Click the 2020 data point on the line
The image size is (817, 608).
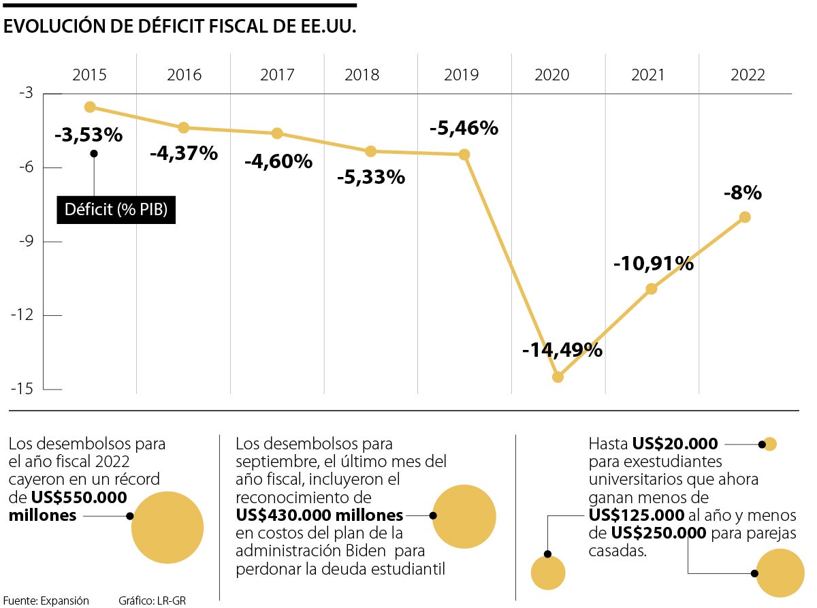click(x=558, y=377)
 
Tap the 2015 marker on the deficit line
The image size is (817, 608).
click(x=90, y=107)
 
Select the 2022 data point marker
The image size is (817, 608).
click(x=745, y=217)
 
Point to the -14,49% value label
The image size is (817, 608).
click(x=562, y=350)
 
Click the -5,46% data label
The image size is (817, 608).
click(x=464, y=128)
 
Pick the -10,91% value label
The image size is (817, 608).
click(x=654, y=263)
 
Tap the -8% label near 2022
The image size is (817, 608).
click(x=742, y=193)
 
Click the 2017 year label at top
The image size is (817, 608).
click(x=276, y=75)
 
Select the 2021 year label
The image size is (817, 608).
click(x=647, y=75)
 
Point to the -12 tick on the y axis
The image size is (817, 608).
click(x=26, y=315)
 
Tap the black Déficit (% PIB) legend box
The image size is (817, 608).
click(x=116, y=210)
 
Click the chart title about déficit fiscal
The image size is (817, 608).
click(x=180, y=27)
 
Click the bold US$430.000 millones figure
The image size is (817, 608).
click(x=319, y=515)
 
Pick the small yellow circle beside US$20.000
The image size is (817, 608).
click(x=770, y=445)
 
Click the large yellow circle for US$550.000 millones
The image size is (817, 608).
click(x=167, y=527)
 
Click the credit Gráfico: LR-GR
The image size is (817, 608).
click(x=152, y=601)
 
